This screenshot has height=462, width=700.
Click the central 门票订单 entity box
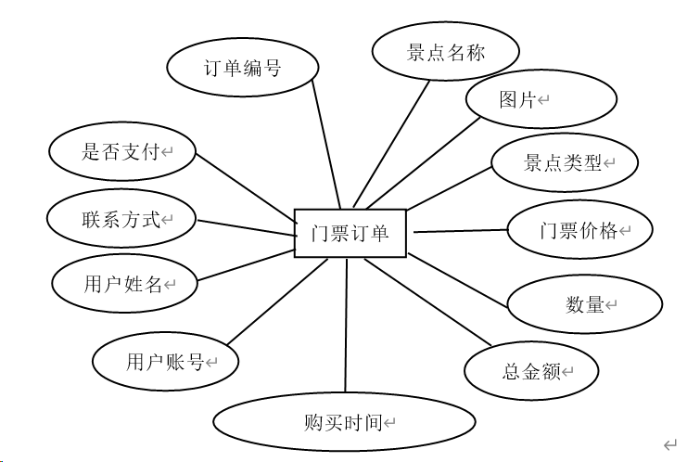(351, 233)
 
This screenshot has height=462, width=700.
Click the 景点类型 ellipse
(566, 163)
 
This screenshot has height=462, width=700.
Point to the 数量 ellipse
(585, 304)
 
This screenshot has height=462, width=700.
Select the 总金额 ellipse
(531, 371)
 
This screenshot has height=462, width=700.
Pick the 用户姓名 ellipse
(124, 285)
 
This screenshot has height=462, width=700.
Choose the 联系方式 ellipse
(121, 219)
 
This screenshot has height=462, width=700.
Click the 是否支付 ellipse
(121, 152)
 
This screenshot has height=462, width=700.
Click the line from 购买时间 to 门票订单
(346, 325)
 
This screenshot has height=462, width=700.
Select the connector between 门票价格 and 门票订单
(458, 231)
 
